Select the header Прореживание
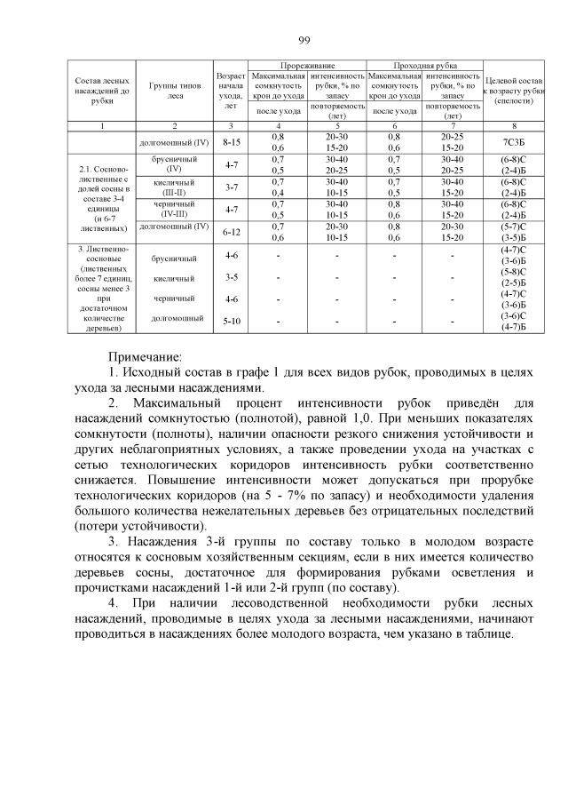(x=306, y=66)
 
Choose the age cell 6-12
(x=232, y=231)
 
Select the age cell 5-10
(x=232, y=321)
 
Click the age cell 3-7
(x=232, y=187)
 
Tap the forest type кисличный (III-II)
(x=175, y=187)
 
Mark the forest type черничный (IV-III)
(x=175, y=209)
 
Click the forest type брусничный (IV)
(x=175, y=163)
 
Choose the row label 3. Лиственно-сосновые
(x=102, y=289)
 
